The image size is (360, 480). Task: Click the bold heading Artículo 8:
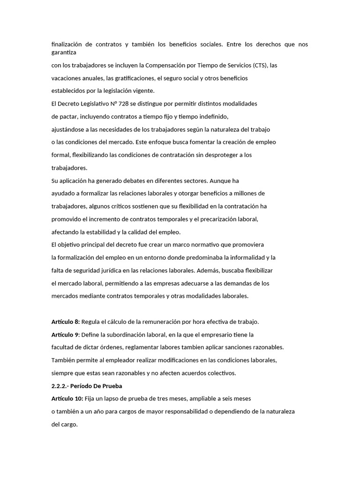coord(66,322)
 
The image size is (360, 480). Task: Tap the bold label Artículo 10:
coord(67,398)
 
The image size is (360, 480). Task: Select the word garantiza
coord(63,52)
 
